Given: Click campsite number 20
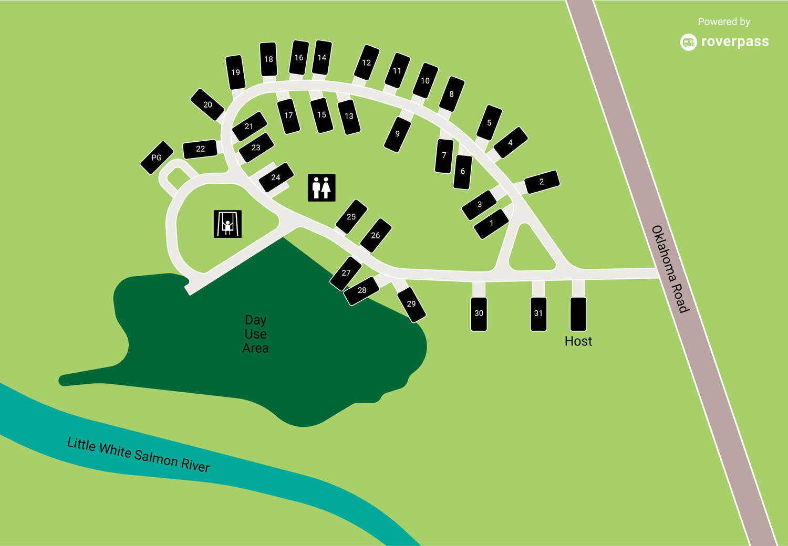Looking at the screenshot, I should click(208, 104).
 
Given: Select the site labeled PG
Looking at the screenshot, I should click(157, 157).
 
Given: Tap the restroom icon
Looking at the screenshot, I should click(322, 187).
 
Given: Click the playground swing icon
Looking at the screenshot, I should click(227, 224).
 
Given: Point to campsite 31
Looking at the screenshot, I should click(538, 313).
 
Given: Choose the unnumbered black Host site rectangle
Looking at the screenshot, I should click(578, 313).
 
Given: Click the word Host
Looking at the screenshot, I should click(578, 341).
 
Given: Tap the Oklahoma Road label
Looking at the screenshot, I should click(670, 269).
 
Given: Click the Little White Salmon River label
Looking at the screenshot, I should click(139, 455).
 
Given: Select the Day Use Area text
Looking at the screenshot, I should click(256, 334).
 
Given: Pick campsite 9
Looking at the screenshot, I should click(397, 134).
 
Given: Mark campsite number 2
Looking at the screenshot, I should click(542, 182).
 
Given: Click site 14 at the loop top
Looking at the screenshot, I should click(322, 58).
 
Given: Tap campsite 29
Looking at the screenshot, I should click(411, 304).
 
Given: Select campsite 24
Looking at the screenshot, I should click(276, 177).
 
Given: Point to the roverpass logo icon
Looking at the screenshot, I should click(688, 42).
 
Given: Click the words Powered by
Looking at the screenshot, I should click(723, 22).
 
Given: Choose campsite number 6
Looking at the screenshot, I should click(462, 172).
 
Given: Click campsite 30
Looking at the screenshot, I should click(479, 313).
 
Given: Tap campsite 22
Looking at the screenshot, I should click(200, 149).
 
